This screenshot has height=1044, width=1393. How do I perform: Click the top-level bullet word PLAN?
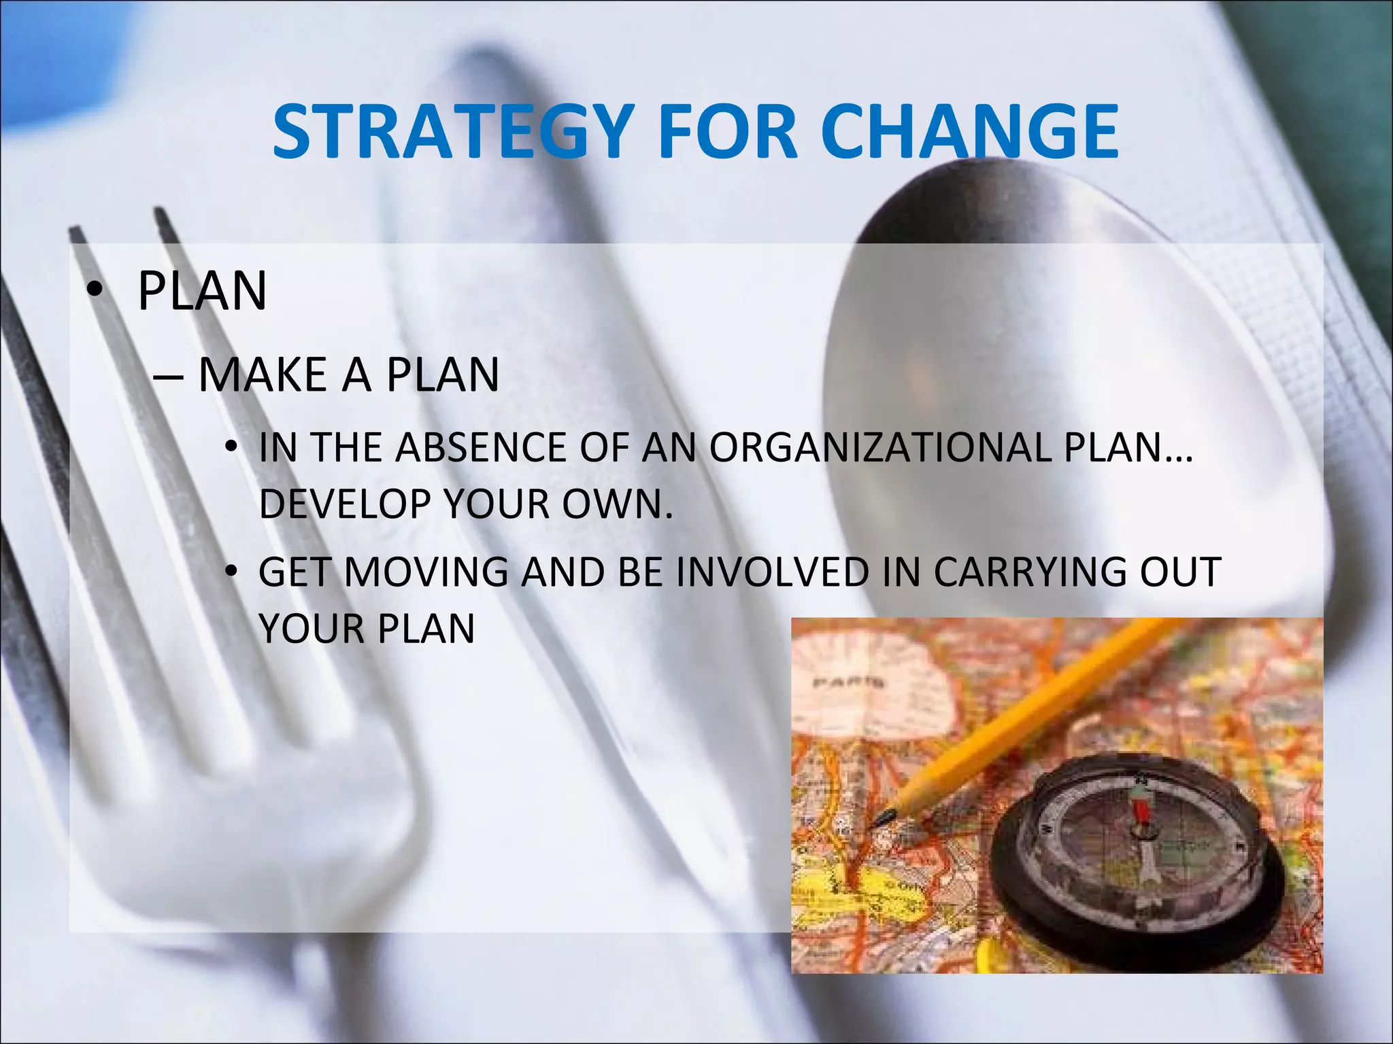tap(202, 292)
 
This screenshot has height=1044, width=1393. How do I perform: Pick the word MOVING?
tap(426, 572)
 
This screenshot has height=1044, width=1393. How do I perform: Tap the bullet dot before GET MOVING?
tap(232, 572)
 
